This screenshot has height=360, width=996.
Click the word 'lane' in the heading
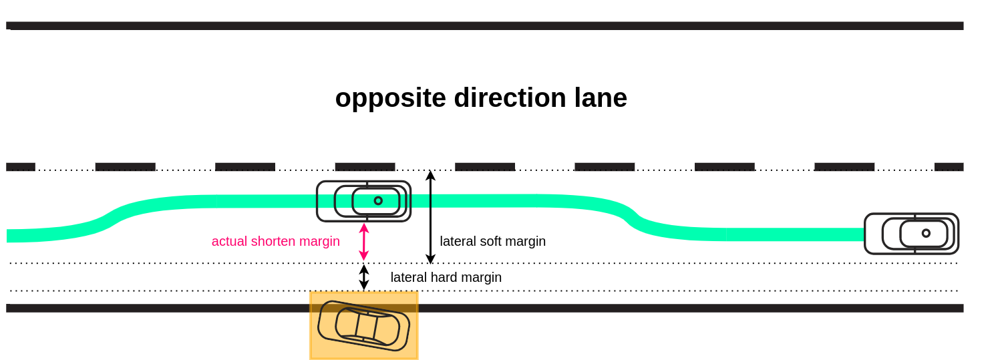pos(601,98)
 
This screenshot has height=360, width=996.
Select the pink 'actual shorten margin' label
pos(275,241)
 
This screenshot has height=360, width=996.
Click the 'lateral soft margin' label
pos(492,241)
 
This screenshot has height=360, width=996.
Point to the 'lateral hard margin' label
pos(446,277)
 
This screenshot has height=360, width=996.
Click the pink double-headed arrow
pos(364,242)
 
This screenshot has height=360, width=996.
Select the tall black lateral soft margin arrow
pos(430,217)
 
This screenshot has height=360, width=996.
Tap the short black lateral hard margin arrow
pos(364,277)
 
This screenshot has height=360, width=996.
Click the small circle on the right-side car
pos(926,233)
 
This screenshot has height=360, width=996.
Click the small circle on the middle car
pos(378,200)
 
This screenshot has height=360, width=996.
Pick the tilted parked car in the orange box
pos(363,326)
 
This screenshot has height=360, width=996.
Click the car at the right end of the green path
pos(911,233)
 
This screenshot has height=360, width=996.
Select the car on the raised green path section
pos(363,201)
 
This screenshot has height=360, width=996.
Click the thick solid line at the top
pos(484,25)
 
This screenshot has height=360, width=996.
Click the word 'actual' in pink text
pos(229,241)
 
